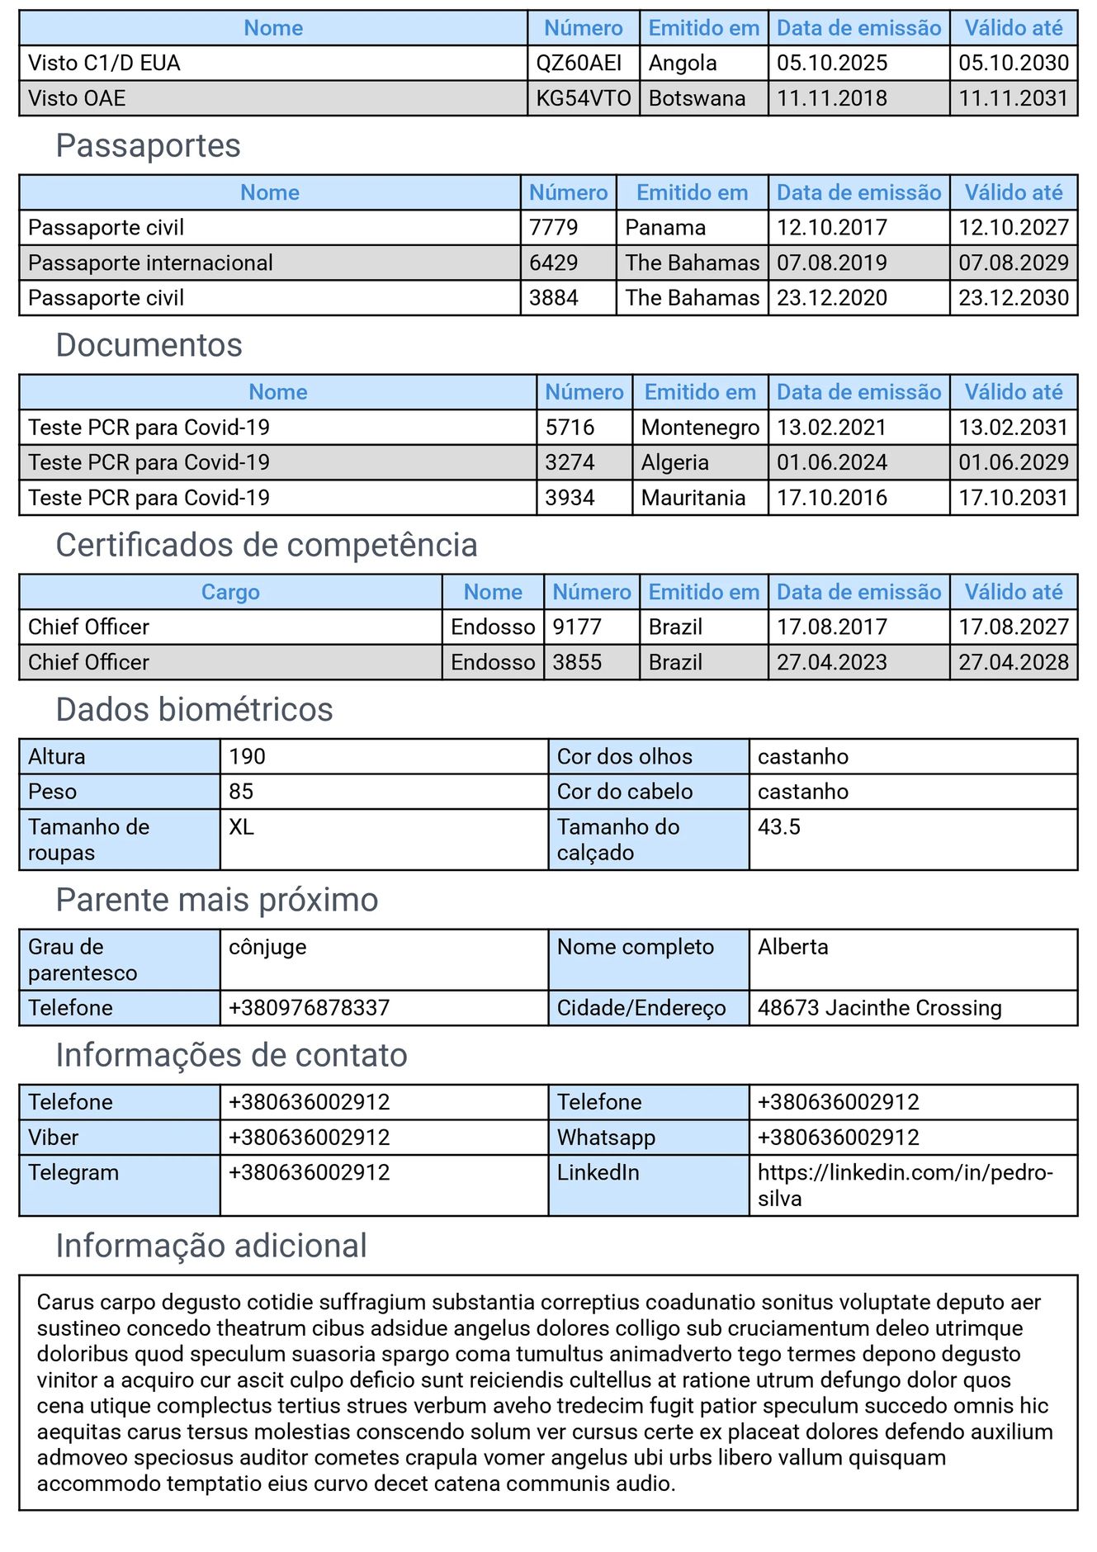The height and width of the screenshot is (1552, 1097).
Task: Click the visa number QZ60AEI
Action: coord(579,64)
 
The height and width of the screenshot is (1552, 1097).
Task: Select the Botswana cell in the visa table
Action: coord(697,98)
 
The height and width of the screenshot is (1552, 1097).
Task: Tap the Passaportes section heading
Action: coord(148,146)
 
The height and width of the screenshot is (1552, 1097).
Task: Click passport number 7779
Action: coord(553,228)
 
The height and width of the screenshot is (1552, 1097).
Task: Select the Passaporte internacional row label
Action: coord(150,263)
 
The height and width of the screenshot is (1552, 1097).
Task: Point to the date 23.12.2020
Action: coord(831,298)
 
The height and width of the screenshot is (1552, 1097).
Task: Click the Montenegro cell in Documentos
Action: coord(700,428)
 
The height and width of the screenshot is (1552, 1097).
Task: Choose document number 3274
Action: coord(570,462)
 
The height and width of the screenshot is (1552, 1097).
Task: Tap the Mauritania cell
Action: coord(693,498)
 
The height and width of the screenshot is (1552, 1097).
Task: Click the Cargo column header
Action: coord(230,592)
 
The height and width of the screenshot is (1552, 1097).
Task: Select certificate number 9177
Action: coord(577,627)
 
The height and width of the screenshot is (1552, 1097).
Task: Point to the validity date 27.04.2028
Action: coord(1013,662)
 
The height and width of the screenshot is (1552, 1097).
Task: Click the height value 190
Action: coord(248,757)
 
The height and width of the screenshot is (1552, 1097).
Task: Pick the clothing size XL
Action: coord(241,827)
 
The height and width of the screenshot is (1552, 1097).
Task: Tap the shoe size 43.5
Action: coord(778,827)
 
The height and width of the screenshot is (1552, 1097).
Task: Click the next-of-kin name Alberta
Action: coord(792,947)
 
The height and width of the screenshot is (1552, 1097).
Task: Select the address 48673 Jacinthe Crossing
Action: coord(879,1008)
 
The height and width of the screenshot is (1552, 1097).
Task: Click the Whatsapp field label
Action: coord(606,1138)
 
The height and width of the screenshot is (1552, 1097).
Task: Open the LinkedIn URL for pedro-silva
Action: coord(905,1185)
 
